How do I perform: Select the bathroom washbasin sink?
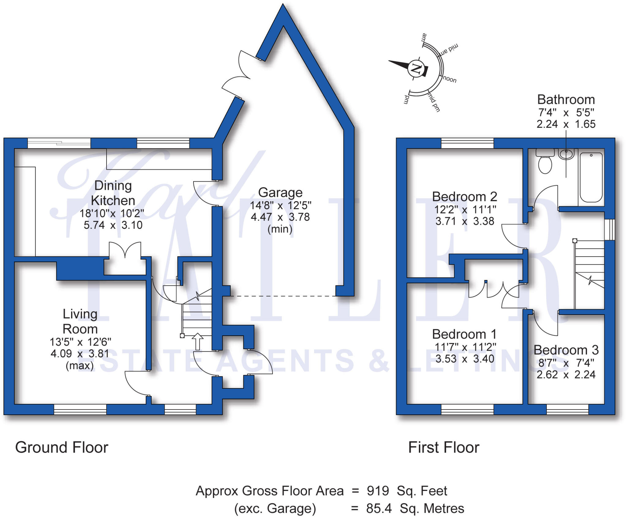click(x=566, y=154)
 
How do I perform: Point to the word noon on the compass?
click(x=449, y=79)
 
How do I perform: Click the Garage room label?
click(x=280, y=193)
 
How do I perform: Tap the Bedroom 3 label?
click(x=566, y=350)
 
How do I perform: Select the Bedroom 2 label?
click(x=464, y=197)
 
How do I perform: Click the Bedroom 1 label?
click(x=464, y=334)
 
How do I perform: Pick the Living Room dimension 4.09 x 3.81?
click(x=80, y=353)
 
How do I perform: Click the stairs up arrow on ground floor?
click(x=197, y=341)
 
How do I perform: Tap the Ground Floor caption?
click(x=62, y=447)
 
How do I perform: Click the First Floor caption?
click(x=444, y=447)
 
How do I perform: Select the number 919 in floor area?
click(x=378, y=491)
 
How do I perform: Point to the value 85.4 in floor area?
click(x=379, y=508)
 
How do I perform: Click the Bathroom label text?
click(x=566, y=100)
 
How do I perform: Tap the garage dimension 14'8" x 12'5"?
click(x=280, y=205)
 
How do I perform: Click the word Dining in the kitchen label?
click(x=113, y=186)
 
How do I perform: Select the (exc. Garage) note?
click(x=275, y=508)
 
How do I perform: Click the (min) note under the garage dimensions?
click(x=280, y=229)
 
